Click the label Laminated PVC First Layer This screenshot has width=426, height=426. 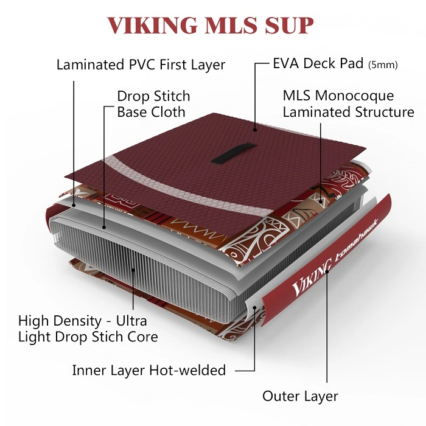141,65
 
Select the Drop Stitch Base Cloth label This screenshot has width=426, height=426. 153,104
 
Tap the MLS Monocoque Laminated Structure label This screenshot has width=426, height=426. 348,104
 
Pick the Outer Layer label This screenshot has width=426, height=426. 300,396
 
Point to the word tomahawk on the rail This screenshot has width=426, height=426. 351,246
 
